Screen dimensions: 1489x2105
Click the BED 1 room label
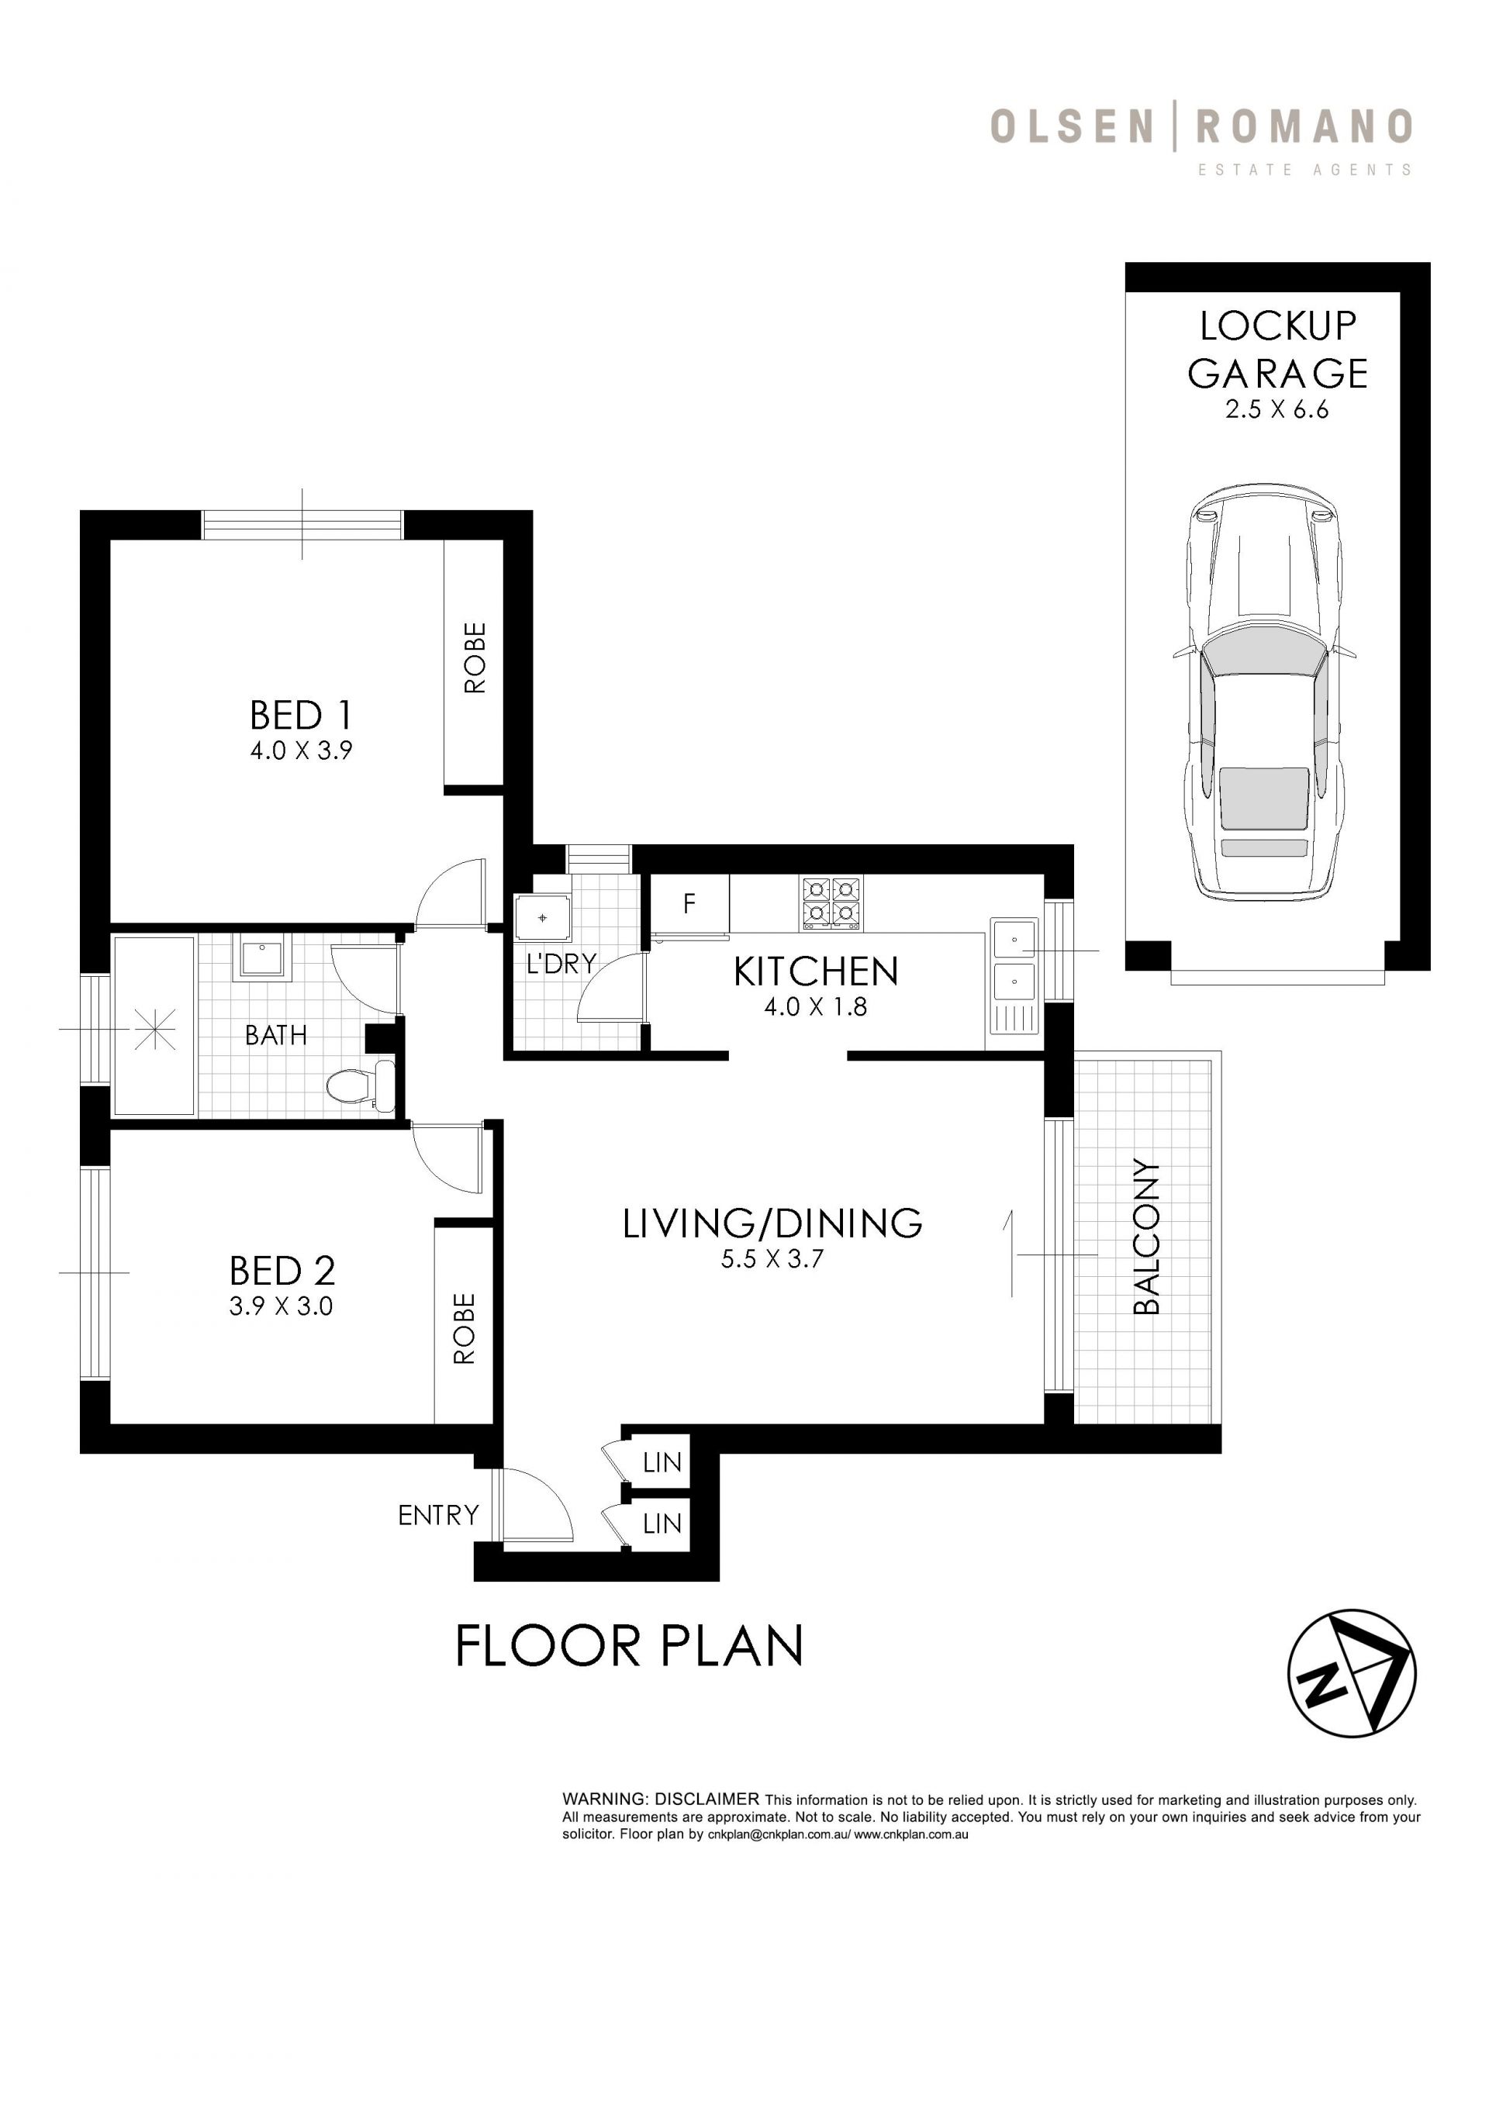coord(301,714)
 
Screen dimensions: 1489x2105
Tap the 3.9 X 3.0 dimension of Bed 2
coord(281,1306)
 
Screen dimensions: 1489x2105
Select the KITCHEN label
coord(815,971)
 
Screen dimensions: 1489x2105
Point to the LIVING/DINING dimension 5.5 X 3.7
coord(772,1259)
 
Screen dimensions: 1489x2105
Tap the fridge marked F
coord(689,905)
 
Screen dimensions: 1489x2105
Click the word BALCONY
coord(1147,1237)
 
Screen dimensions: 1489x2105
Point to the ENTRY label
coord(438,1516)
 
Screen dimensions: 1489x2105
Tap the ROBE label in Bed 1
coord(474,658)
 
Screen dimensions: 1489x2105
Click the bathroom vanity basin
coord(265,958)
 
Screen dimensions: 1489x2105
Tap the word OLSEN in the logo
coord(1071,126)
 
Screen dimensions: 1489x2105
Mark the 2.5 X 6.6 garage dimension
coord(1277,410)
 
